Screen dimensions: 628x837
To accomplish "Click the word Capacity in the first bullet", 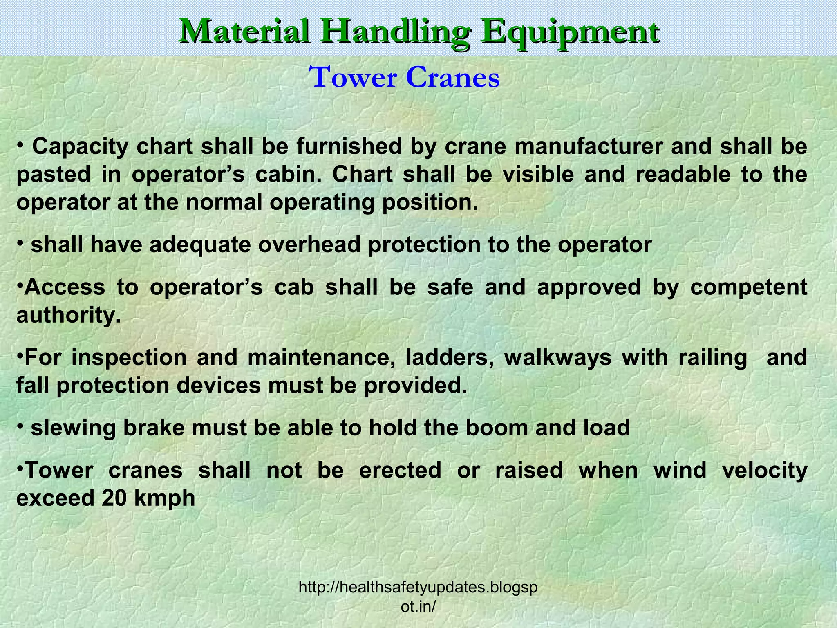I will (80, 147).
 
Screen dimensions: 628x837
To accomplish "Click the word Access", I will (65, 287).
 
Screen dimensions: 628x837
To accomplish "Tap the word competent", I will (748, 288).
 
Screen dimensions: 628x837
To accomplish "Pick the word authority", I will (68, 316).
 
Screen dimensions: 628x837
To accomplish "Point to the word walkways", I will (557, 358).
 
